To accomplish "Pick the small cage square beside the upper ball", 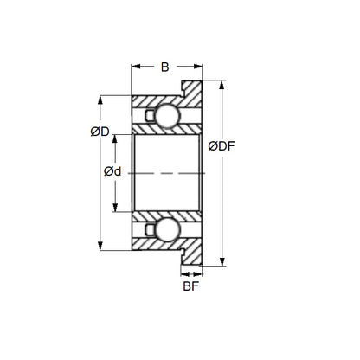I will (x=150, y=116).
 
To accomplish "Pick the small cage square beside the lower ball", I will (x=150, y=228).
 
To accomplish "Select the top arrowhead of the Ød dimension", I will (x=116, y=138).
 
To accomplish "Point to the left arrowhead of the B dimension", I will (x=135, y=66).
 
